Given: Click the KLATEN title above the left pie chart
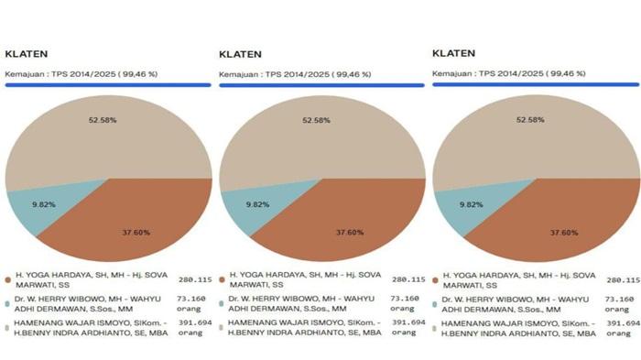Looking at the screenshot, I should tap(27, 52).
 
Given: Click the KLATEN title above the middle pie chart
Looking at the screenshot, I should tap(241, 54).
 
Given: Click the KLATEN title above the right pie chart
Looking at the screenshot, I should tap(453, 52).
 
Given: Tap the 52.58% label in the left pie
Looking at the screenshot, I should tap(103, 120).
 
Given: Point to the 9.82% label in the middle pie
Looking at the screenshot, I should tap(258, 204).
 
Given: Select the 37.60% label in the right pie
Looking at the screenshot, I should tap(564, 233).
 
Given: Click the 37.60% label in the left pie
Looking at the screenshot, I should tap(136, 233).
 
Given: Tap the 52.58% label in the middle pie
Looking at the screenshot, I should tap(317, 120).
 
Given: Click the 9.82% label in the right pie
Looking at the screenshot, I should tap(471, 204).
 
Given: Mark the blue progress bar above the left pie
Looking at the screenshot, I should tap(107, 85).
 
